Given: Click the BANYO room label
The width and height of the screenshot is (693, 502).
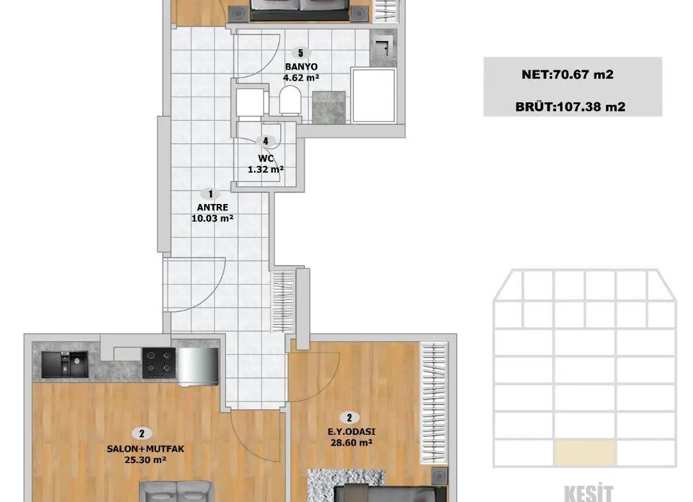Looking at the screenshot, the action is (x=301, y=67).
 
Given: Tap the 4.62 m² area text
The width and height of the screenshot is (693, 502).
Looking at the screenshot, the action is (x=301, y=78).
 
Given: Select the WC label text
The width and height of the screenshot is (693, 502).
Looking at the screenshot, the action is (x=266, y=158).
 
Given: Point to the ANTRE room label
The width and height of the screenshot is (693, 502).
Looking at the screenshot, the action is (x=212, y=207).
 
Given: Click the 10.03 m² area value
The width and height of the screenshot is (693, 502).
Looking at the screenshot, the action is (x=212, y=218).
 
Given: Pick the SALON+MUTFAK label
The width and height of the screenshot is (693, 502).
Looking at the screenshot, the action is (x=145, y=449).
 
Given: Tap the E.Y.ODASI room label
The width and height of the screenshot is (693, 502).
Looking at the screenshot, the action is (x=351, y=432).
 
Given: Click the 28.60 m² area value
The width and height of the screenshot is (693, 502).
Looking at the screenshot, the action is (x=351, y=443).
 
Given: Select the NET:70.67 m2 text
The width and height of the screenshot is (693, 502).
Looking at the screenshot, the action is (x=568, y=74).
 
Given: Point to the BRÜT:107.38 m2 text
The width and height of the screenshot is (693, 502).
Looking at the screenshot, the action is (x=570, y=107).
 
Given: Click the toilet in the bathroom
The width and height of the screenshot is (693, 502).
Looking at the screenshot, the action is (x=290, y=100).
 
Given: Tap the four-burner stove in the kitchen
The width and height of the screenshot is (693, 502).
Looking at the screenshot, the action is (x=159, y=363).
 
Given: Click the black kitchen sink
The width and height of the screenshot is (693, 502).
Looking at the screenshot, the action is (x=65, y=365).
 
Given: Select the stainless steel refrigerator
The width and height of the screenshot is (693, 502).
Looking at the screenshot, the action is (x=198, y=366).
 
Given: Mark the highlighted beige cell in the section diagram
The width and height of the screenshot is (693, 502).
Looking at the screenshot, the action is (x=584, y=453).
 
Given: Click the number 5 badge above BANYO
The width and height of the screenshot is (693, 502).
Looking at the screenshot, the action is (x=301, y=53).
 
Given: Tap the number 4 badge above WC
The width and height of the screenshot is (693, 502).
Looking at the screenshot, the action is (x=266, y=141).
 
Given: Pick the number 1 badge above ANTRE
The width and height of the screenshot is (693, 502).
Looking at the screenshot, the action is (x=211, y=194).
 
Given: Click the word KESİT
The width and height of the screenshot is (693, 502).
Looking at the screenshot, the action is (x=589, y=493).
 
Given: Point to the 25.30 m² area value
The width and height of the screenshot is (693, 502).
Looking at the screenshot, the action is (x=145, y=460).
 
